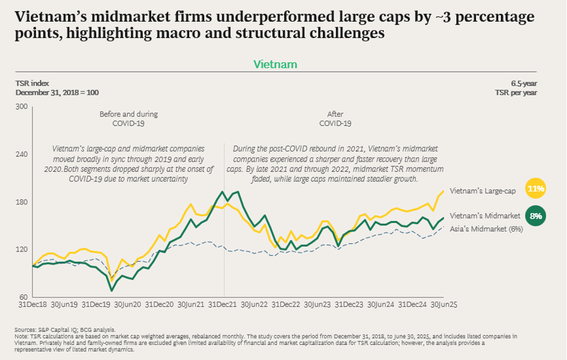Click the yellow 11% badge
pyautogui.click(x=536, y=188)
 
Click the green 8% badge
pyautogui.click(x=536, y=215)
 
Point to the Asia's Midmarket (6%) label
pyautogui.click(x=486, y=229)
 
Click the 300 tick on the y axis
pyautogui.click(x=22, y=107)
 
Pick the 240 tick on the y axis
pyautogui.click(x=22, y=154)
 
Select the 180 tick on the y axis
pyautogui.click(x=22, y=202)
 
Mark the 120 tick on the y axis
pyautogui.click(x=22, y=250)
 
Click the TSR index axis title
pyautogui.click(x=33, y=83)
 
